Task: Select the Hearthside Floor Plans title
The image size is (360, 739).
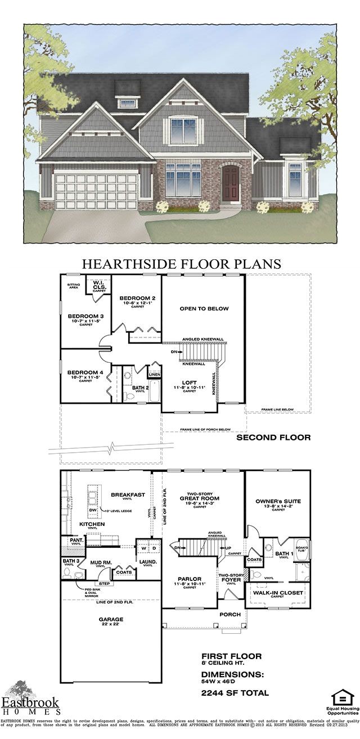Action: point(182,263)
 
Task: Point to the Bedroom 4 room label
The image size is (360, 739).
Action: point(85,372)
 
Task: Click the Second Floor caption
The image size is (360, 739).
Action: point(273,437)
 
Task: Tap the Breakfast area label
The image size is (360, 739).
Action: point(128,495)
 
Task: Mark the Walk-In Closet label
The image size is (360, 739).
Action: point(278,593)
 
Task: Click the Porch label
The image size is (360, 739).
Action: point(230,614)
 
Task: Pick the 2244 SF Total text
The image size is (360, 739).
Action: point(235,693)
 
